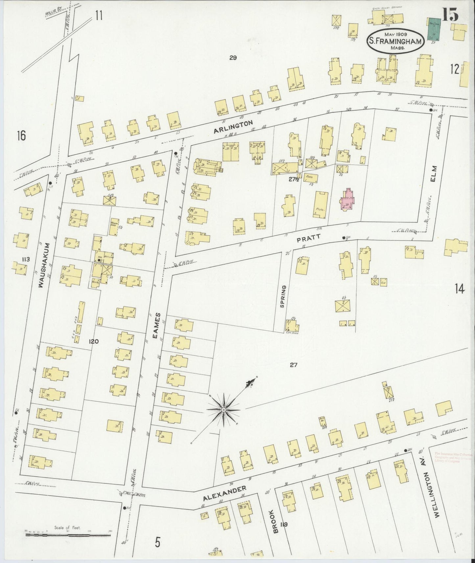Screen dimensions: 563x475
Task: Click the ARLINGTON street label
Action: [233, 126]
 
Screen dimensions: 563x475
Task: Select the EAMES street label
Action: [158, 325]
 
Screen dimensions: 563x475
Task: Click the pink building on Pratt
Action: [347, 200]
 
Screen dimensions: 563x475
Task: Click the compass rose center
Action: [224, 410]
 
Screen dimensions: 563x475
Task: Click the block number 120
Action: [93, 341]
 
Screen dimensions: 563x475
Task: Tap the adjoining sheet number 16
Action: [21, 136]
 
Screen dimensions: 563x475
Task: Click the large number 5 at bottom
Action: [157, 542]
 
